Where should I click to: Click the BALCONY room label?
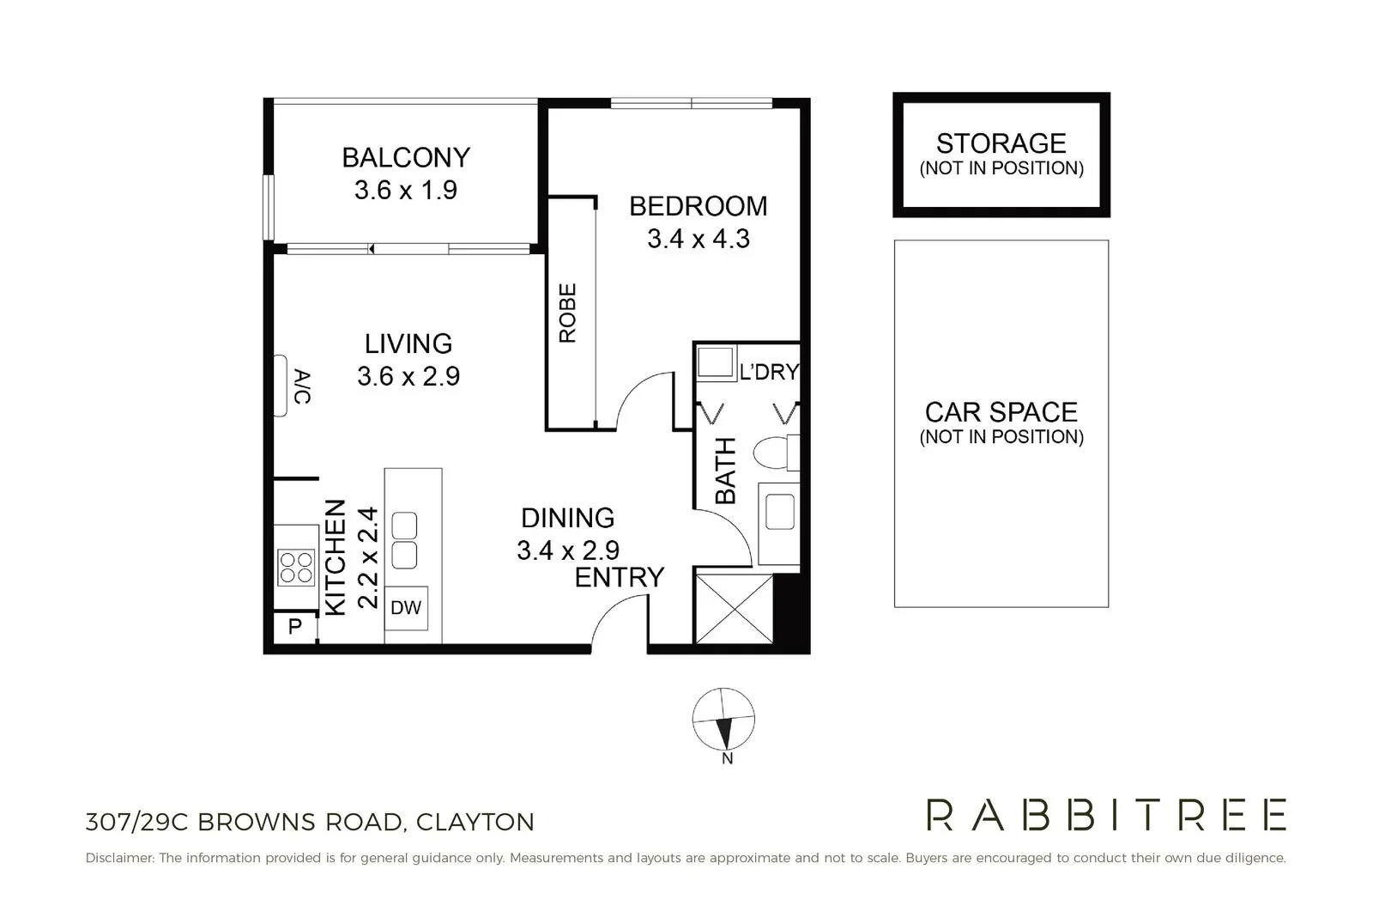click(406, 157)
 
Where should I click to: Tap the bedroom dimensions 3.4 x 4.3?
click(699, 239)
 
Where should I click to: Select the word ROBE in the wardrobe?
click(568, 313)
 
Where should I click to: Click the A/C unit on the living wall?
click(281, 386)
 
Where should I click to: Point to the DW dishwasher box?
click(406, 608)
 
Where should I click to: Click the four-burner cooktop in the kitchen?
click(296, 567)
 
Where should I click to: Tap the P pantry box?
click(295, 627)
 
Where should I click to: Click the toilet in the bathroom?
click(775, 453)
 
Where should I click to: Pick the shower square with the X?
click(734, 609)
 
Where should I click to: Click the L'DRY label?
click(769, 372)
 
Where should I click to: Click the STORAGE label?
click(1001, 143)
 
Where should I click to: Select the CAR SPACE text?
click(1001, 412)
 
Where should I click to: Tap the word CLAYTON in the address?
click(475, 822)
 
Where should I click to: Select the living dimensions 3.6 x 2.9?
click(408, 376)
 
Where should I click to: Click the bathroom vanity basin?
click(780, 512)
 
